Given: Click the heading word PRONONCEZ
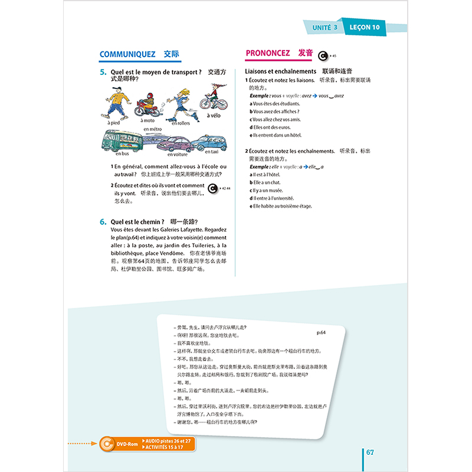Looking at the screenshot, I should click(x=267, y=54).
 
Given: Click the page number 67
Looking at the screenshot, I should click(x=370, y=453).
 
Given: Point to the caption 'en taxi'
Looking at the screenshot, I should click(x=212, y=151).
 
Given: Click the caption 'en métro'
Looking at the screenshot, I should click(x=152, y=129).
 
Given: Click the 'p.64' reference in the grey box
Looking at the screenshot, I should click(x=322, y=333).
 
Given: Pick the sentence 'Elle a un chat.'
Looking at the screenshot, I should click(x=267, y=183).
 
